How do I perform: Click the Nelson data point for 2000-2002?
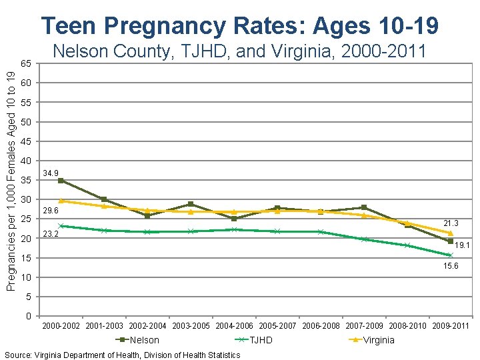click(61, 181)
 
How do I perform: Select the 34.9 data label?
click(51, 173)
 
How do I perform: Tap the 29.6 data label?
click(51, 211)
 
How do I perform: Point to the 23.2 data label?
click(51, 234)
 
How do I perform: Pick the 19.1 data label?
click(463, 245)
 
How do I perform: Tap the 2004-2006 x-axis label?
click(235, 326)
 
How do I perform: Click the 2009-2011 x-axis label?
click(451, 326)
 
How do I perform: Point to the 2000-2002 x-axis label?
click(61, 326)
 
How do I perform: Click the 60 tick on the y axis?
click(25, 83)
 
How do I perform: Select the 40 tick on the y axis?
click(25, 161)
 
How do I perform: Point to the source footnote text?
click(122, 355)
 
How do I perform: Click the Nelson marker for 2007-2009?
click(364, 207)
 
